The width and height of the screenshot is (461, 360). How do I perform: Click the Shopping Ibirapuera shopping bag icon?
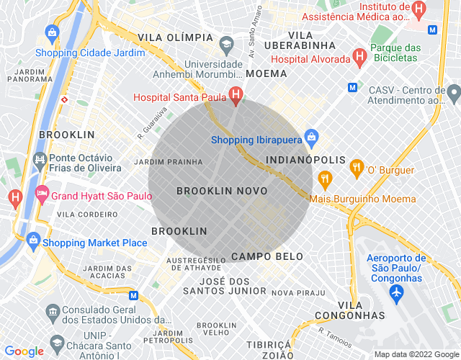(x=311, y=136)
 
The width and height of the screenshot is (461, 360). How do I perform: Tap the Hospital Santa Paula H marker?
(x=235, y=95)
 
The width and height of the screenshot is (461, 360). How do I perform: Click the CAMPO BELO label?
(x=267, y=256)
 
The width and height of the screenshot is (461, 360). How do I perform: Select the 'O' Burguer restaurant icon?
(x=356, y=169)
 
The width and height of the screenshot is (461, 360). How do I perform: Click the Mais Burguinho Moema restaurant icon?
(x=325, y=179)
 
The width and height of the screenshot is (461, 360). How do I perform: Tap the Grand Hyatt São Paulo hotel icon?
(x=42, y=194)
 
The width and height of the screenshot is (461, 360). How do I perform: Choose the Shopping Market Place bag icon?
(x=32, y=240)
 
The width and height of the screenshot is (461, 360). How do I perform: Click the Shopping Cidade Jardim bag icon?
(x=52, y=32)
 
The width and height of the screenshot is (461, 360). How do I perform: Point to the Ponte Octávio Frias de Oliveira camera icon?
(x=40, y=161)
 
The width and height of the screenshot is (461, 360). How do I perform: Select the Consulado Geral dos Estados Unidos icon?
(x=52, y=311)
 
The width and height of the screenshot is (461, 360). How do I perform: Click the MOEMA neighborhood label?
(x=266, y=73)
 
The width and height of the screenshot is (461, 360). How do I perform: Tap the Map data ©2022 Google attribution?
(x=416, y=354)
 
